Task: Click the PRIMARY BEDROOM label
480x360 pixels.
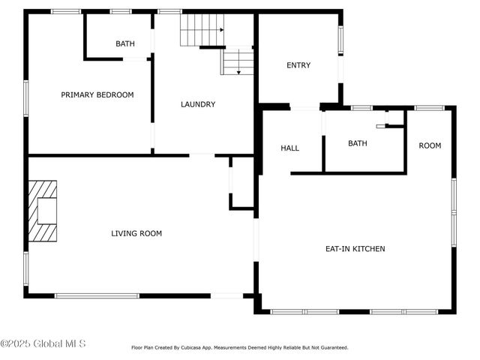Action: click(x=97, y=94)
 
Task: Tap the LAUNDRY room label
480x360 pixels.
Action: click(x=198, y=104)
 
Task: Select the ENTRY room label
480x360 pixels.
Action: click(x=298, y=65)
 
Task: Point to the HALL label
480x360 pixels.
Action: click(x=289, y=148)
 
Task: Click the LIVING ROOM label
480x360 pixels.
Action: click(x=136, y=233)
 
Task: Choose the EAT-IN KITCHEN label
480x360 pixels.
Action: click(x=355, y=248)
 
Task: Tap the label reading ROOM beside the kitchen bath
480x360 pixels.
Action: click(x=430, y=145)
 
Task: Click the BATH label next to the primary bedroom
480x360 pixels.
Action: click(x=125, y=43)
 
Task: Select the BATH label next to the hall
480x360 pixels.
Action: click(x=358, y=143)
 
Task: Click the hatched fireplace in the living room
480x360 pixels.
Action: click(x=43, y=211)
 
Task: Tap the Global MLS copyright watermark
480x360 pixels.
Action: click(x=43, y=343)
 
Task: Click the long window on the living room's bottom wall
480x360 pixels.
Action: click(x=97, y=295)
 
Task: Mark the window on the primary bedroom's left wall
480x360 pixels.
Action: click(x=26, y=98)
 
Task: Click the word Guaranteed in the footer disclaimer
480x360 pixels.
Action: click(x=331, y=348)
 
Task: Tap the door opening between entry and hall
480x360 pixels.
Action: click(x=304, y=108)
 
